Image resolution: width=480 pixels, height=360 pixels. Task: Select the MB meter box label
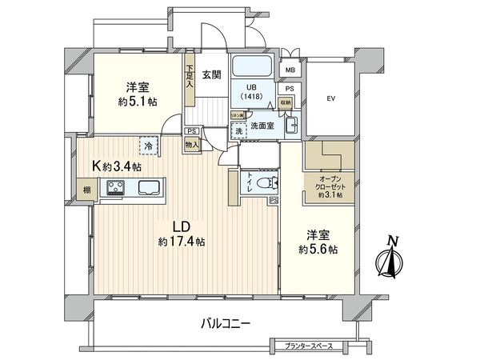tap(290, 70)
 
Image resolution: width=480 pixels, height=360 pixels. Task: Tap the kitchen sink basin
tap(149, 189)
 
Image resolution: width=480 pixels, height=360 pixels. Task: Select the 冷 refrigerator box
tap(148, 146)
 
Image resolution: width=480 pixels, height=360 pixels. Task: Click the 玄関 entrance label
tap(211, 75)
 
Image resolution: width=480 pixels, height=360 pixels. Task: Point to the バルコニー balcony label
tap(225, 324)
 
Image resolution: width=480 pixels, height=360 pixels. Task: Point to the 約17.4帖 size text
tap(182, 241)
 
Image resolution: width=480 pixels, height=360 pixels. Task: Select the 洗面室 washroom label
tap(261, 126)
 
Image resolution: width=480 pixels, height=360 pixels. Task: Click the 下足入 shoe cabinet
tap(190, 80)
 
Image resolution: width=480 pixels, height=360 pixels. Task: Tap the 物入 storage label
tap(191, 145)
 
